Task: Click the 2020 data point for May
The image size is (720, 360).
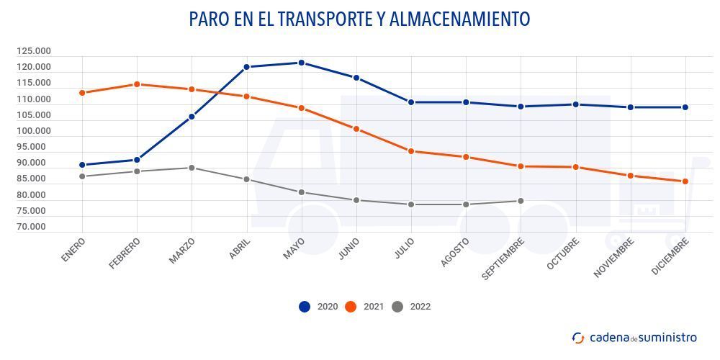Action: point(301,63)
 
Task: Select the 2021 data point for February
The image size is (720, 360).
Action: point(137,84)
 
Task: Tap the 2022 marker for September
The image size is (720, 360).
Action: point(521,201)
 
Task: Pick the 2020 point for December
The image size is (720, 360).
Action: point(685,107)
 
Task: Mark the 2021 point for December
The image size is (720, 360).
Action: point(685,181)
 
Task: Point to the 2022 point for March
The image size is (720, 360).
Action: point(192,168)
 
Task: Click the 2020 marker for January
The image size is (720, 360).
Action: point(82,165)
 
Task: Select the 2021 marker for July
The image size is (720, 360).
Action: point(410,151)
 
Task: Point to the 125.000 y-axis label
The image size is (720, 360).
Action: point(34,51)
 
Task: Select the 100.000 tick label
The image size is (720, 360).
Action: point(34,131)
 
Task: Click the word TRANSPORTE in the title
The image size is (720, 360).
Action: point(316,19)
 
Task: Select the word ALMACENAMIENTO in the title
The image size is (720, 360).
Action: point(459,19)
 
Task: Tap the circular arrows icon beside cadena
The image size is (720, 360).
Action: point(578,338)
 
